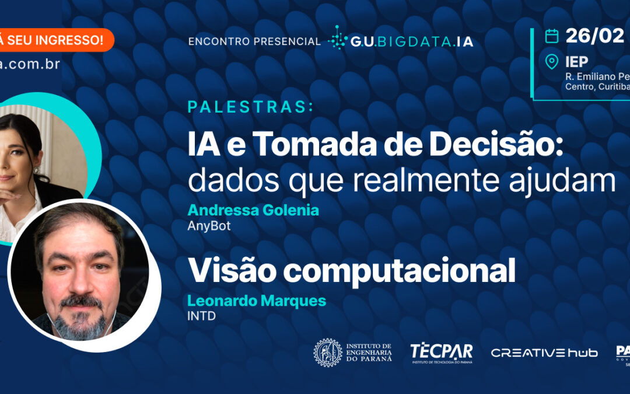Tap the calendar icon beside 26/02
coord(551,36)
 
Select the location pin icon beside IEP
coord(551,62)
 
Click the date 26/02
coord(594,36)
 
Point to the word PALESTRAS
coord(250,107)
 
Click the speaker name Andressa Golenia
coord(253,210)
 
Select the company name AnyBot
coord(209,226)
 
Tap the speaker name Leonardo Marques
coord(256,301)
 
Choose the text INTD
coord(201,316)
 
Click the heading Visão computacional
coord(351,271)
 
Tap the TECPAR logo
coord(441,352)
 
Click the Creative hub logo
coord(544,353)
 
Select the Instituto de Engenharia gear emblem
coord(328,353)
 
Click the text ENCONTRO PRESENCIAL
coord(254,41)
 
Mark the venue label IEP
coord(576,62)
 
